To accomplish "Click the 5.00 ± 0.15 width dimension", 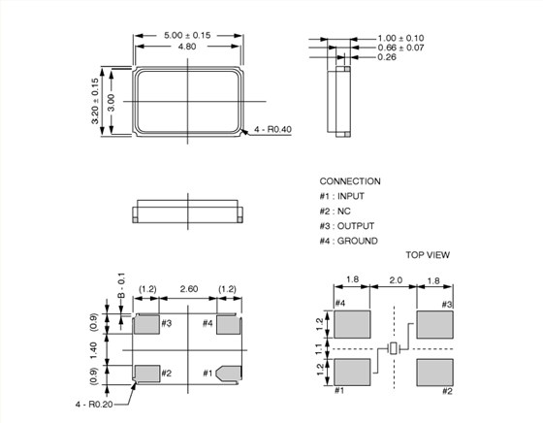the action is (187, 35).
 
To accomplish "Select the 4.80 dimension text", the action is (187, 47).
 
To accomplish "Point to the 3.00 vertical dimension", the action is (112, 103).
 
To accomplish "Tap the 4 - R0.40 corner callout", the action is (272, 130).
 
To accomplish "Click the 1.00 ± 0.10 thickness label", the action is (400, 38).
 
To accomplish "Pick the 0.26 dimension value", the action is (387, 57).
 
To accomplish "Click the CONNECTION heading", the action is (350, 181).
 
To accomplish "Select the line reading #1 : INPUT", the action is (341, 196).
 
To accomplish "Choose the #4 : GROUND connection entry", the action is (348, 241).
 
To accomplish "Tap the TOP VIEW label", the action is (428, 255).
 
